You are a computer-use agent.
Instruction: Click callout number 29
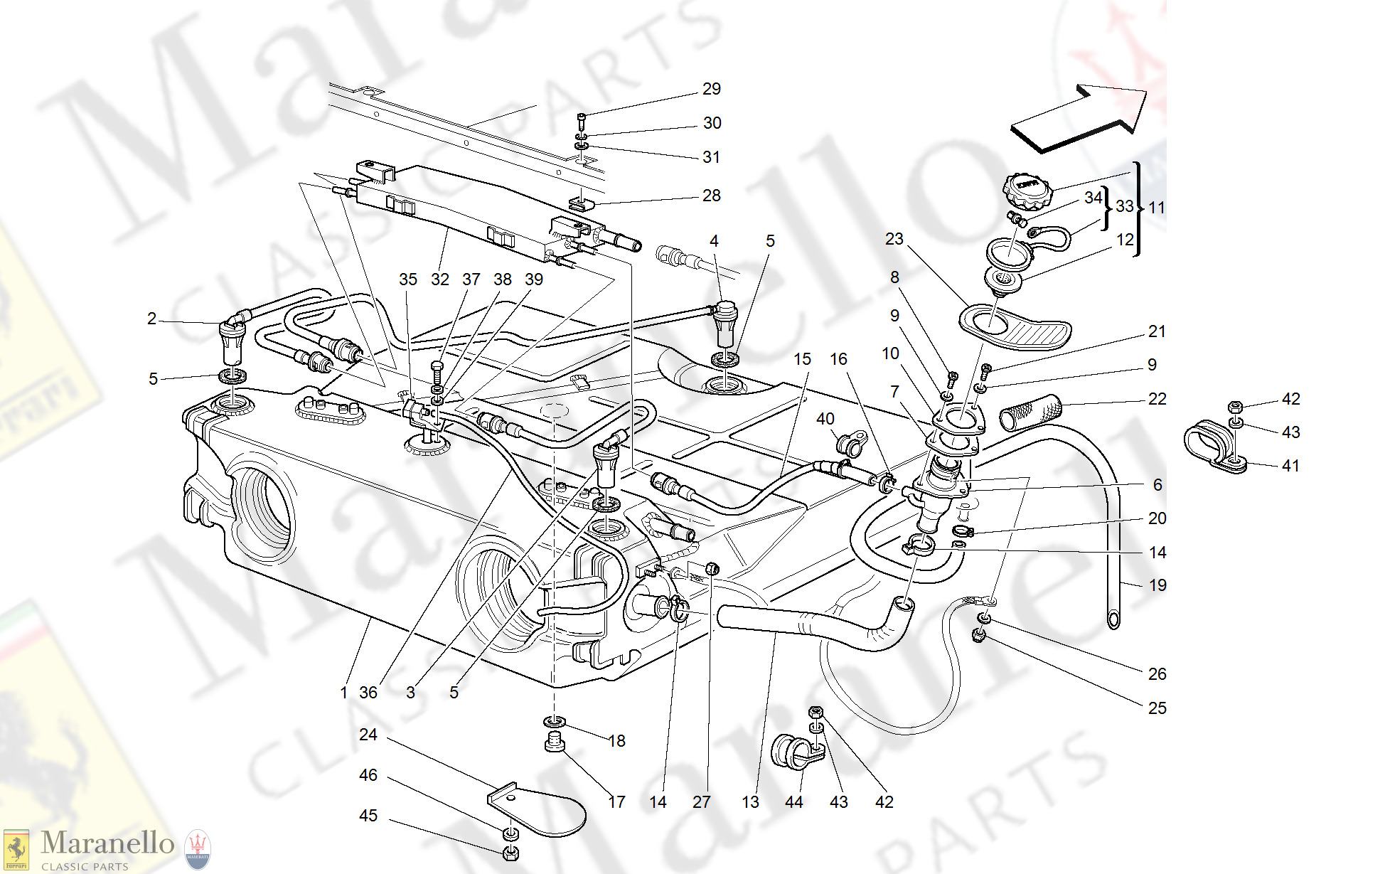711,89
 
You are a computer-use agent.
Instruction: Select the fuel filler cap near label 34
1027,191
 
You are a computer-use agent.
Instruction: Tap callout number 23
894,239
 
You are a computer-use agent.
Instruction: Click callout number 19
1157,585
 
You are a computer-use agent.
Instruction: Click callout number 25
1157,708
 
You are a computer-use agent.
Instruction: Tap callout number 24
368,735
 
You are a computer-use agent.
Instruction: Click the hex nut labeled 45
510,853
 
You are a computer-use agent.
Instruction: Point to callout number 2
151,319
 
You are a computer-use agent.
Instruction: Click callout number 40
825,419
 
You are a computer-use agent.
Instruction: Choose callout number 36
368,693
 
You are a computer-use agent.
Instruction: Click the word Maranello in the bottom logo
107,843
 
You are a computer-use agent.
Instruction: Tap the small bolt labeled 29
582,117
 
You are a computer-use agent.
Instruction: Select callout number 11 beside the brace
1156,208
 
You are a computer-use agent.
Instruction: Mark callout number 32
439,279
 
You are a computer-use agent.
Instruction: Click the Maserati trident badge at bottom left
198,849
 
